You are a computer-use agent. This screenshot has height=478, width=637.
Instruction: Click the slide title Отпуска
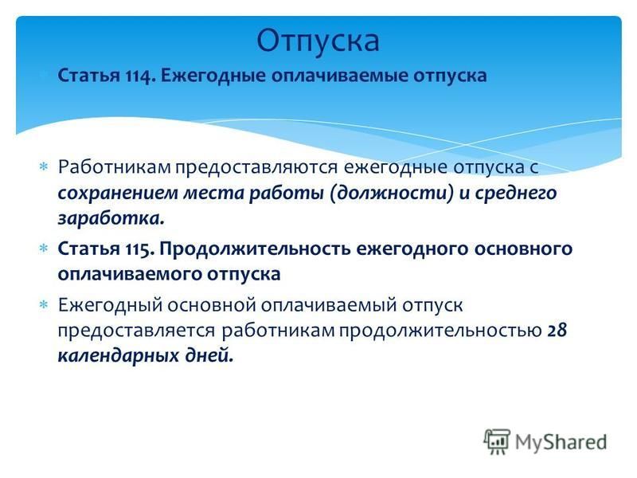point(318,41)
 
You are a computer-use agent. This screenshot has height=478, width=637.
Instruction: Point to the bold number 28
point(557,330)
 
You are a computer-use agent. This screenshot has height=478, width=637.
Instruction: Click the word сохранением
point(118,193)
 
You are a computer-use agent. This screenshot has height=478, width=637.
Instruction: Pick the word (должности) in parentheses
point(392,193)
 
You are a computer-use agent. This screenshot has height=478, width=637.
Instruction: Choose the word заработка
point(111,218)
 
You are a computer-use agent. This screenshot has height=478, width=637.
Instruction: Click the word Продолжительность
point(255,249)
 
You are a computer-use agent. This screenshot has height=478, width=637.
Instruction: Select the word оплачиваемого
point(130,274)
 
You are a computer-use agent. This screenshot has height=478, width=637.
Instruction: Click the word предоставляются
point(256,167)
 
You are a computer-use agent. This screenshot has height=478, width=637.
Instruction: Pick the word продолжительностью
point(440,331)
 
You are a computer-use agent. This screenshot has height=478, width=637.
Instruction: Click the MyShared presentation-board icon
point(496,442)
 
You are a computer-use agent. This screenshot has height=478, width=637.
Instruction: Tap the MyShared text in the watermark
point(561,442)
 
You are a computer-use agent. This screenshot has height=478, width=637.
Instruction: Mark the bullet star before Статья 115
point(44,248)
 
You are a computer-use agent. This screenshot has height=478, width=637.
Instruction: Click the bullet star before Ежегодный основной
point(44,304)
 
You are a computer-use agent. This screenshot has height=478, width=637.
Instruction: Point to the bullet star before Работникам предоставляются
point(44,167)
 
